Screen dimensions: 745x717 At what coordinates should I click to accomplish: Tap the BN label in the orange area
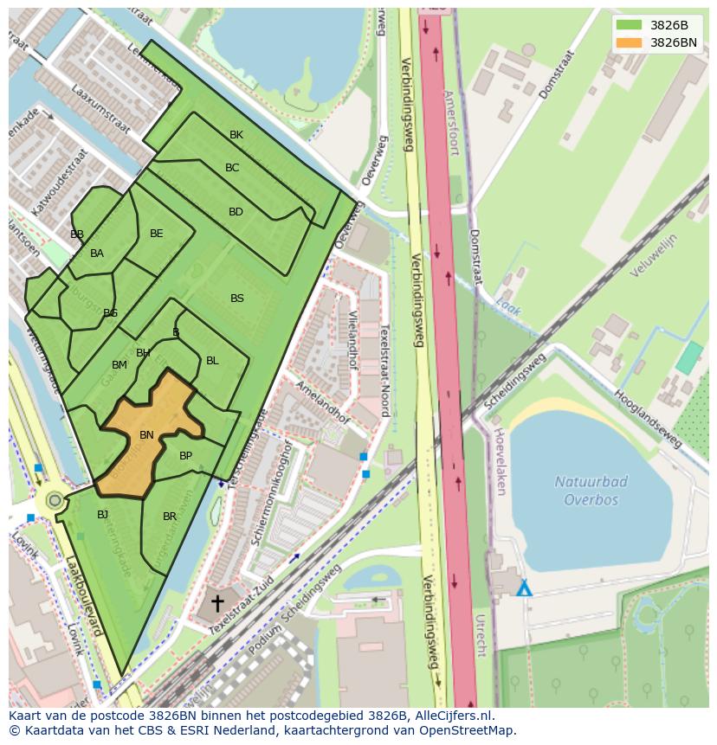146,435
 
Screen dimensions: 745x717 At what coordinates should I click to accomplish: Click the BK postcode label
236,135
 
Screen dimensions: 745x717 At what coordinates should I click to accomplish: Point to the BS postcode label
236,299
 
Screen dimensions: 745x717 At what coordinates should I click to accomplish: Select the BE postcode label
156,234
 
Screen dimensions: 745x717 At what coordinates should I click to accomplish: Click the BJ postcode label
102,514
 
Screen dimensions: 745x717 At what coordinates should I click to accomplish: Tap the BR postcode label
170,517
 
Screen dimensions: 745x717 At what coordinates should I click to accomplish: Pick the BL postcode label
212,361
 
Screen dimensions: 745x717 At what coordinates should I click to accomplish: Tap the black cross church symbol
217,602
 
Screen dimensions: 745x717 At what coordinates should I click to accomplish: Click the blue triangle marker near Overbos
523,589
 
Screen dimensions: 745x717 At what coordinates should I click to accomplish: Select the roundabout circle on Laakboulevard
55,500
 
